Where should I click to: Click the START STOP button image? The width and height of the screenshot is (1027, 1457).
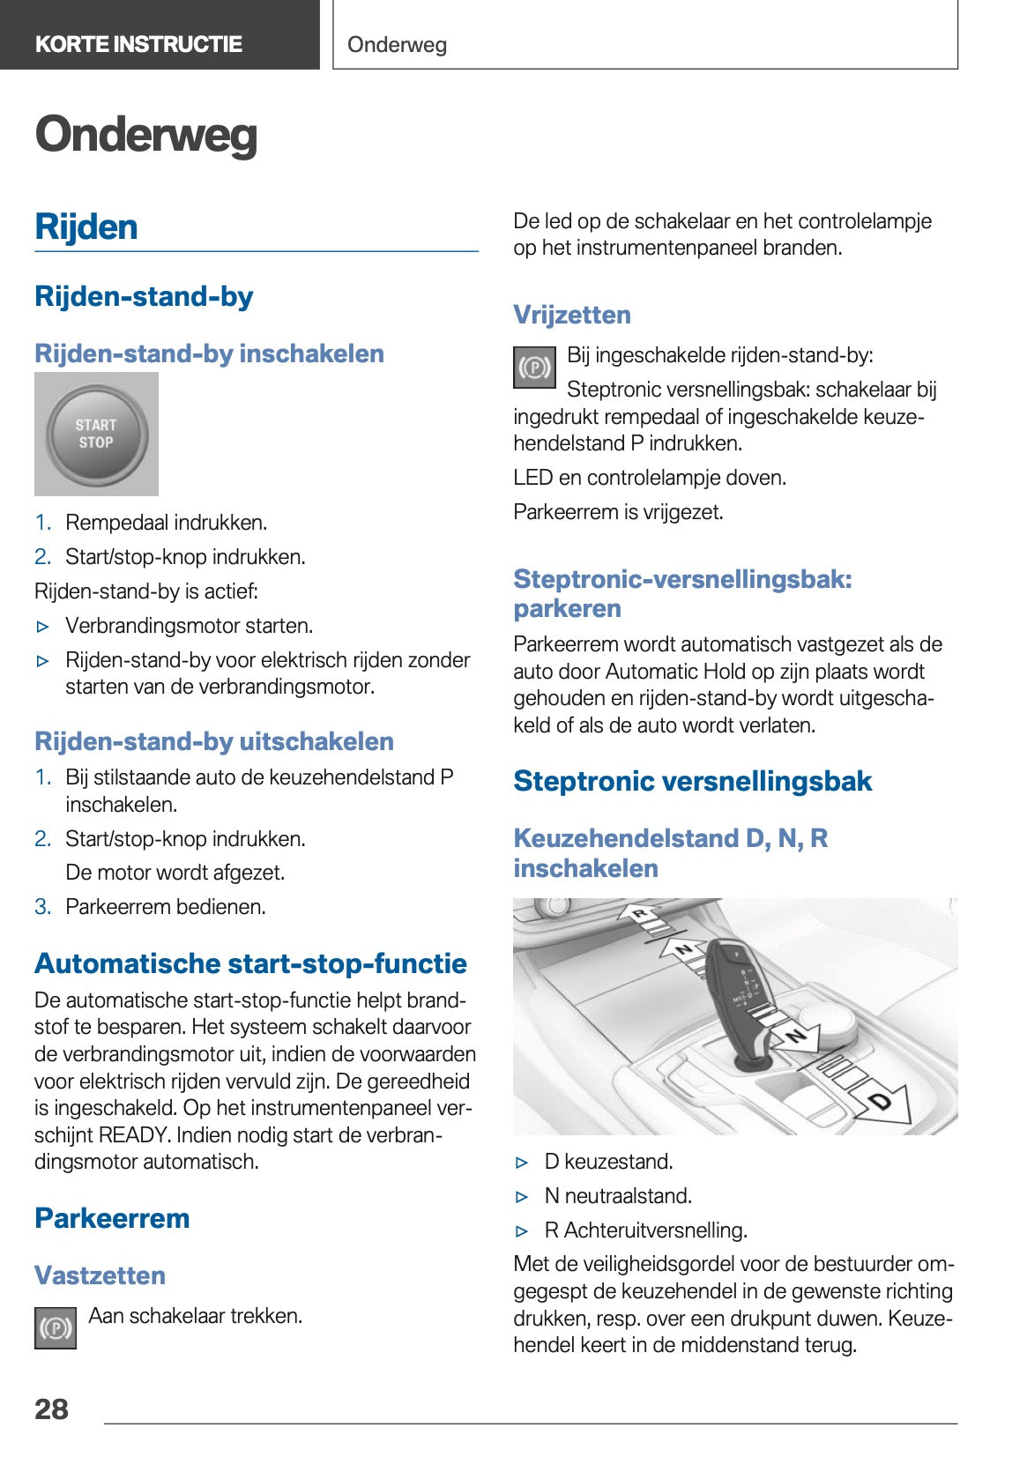[x=96, y=434]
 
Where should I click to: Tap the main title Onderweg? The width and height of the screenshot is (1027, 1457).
[x=146, y=135]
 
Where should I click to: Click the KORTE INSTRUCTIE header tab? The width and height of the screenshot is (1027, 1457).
[x=138, y=44]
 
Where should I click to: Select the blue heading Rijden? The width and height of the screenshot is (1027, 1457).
[x=86, y=227]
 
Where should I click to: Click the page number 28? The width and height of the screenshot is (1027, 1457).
[x=51, y=1409]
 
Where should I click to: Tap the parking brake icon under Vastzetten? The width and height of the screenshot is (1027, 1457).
[x=56, y=1327]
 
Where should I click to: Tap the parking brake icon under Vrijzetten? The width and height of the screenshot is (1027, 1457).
[x=534, y=367]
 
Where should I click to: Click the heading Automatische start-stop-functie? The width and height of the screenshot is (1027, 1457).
[x=250, y=963]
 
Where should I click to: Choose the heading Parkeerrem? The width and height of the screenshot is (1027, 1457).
[x=112, y=1218]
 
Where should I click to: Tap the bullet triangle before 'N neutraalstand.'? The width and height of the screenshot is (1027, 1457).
[x=523, y=1196]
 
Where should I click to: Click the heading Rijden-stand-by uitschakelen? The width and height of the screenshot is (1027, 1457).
[x=214, y=741]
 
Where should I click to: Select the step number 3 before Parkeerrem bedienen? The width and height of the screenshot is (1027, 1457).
[x=42, y=906]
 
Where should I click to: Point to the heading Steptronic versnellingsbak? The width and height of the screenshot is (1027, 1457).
[x=692, y=781]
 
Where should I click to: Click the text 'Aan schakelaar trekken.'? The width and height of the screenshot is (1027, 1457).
[x=195, y=1316]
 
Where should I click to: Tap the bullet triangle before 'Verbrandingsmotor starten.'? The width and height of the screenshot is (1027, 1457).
[x=44, y=627]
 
